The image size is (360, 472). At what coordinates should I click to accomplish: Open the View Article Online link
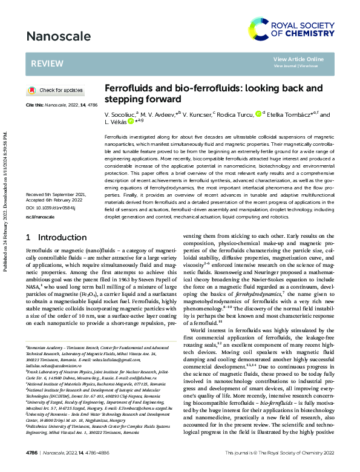[298, 59]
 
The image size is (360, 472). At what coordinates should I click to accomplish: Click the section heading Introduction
[62, 238]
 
